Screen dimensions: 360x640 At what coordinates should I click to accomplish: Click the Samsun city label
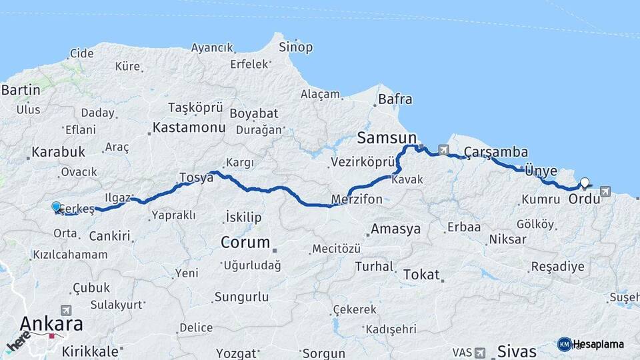(x=385, y=138)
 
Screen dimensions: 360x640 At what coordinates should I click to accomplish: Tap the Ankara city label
(x=51, y=324)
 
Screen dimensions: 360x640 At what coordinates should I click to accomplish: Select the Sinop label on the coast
(x=295, y=47)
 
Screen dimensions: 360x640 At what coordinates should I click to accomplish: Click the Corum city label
(x=245, y=242)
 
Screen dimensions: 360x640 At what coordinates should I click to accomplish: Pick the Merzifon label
(x=357, y=199)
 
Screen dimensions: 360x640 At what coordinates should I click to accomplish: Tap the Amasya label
(x=396, y=229)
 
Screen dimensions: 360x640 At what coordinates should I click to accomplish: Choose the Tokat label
(x=421, y=274)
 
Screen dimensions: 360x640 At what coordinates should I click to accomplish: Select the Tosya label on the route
(x=195, y=177)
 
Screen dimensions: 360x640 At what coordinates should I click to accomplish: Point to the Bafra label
(x=395, y=100)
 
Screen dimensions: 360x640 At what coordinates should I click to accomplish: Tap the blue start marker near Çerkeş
(x=56, y=207)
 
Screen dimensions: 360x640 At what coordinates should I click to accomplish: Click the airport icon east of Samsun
(x=443, y=149)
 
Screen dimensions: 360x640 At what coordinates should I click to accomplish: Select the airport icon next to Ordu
(x=605, y=191)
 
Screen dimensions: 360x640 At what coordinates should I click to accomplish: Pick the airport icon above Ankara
(x=65, y=310)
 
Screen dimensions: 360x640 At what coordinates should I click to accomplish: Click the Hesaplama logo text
(x=598, y=344)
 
